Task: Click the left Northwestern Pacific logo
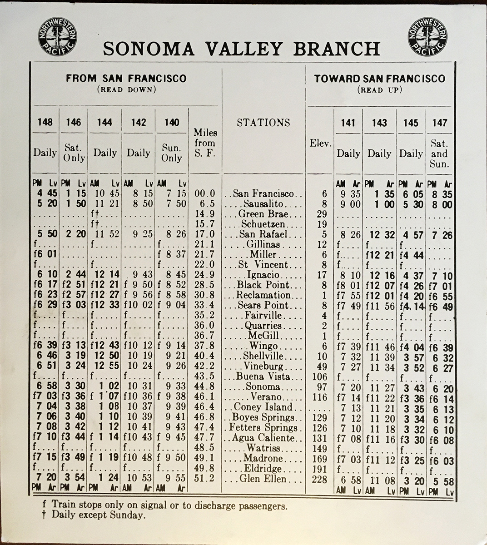coord(58,36)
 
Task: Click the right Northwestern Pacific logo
coord(427,36)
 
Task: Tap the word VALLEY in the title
coord(248,49)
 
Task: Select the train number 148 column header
coord(45,122)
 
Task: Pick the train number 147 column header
coord(439,123)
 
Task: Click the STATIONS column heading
coord(263,122)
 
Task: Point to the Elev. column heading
coord(320,143)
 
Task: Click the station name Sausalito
coord(263,204)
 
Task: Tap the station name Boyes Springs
coord(263,417)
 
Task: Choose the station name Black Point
coord(263,285)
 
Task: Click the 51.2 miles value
coord(204,479)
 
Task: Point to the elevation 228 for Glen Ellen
coord(320,479)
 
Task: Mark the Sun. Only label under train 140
coord(172,153)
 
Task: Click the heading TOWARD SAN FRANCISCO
coord(379,79)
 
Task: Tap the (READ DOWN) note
coord(126,89)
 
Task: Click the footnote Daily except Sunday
coord(97,515)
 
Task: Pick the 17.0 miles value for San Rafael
coord(204,234)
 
